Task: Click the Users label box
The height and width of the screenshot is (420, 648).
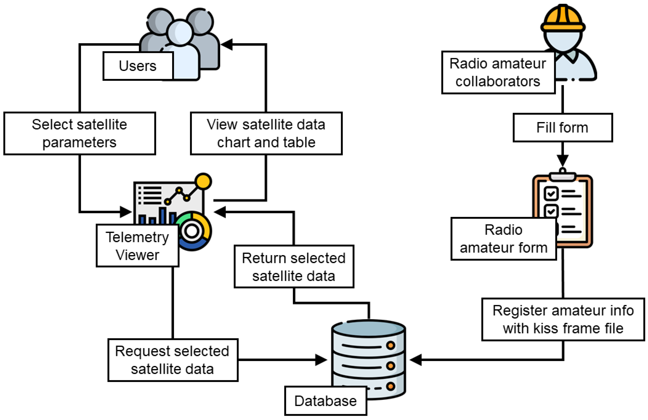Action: pyautogui.click(x=138, y=66)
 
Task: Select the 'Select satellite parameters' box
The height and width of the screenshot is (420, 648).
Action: pyautogui.click(x=80, y=133)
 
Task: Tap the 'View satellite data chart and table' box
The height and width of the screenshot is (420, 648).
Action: pyautogui.click(x=266, y=133)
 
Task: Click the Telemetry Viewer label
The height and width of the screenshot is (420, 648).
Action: pyautogui.click(x=137, y=246)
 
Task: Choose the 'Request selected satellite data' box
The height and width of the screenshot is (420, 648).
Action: pyautogui.click(x=173, y=360)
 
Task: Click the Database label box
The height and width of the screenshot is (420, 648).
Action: pyautogui.click(x=325, y=401)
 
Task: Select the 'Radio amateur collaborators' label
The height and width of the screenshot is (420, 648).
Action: pyautogui.click(x=498, y=72)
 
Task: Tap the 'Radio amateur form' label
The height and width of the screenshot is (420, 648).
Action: pyautogui.click(x=503, y=239)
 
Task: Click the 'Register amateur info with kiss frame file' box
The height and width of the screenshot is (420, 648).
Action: pyautogui.click(x=563, y=319)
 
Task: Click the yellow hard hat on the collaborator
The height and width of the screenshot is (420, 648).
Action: pyautogui.click(x=563, y=19)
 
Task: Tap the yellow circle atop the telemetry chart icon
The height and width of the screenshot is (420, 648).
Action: pyautogui.click(x=203, y=181)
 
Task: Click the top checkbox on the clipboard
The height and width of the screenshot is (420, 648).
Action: pyautogui.click(x=551, y=194)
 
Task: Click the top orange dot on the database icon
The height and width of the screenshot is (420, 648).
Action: pyautogui.click(x=390, y=346)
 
